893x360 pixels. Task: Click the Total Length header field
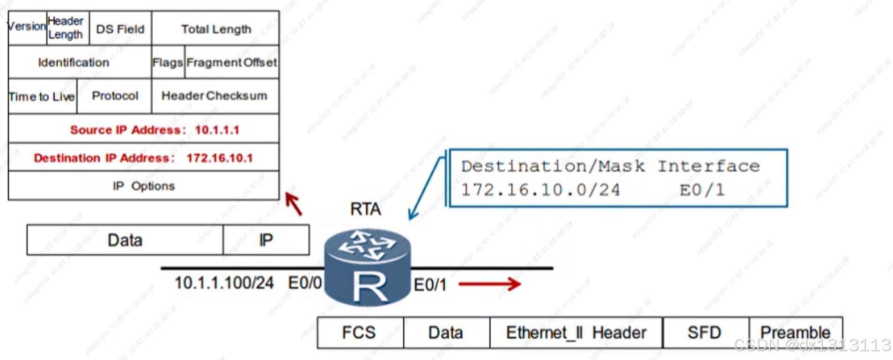pos(215,29)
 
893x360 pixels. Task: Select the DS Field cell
pos(120,29)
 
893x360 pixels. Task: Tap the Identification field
pos(74,62)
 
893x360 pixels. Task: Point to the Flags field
pos(168,62)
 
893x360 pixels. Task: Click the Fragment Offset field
pos(231,62)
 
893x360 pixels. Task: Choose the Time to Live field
pos(42,96)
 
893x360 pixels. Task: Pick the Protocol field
pos(115,96)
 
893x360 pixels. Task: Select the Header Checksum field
pos(214,96)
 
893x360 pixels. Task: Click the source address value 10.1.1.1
pos(217,130)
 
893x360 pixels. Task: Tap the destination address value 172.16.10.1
pos(220,158)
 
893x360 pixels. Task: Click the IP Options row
pos(143,186)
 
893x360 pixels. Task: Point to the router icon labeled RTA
pos(367,267)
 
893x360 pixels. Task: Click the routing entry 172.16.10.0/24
pos(540,190)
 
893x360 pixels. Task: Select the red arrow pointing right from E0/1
pos(489,284)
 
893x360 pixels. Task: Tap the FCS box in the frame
pos(359,333)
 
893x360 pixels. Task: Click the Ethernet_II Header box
pos(576,333)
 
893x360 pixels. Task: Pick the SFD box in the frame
pos(705,333)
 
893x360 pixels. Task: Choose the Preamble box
pos(795,333)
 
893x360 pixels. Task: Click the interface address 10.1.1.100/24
pos(224,283)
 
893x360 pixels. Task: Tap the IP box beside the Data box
pos(266,240)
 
